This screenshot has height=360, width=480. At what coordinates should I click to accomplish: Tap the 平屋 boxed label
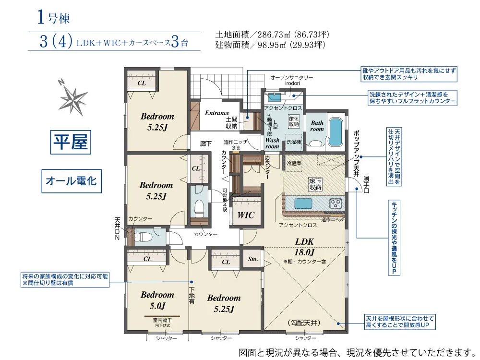pos(71,142)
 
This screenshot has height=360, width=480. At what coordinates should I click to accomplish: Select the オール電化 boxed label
pos(72,181)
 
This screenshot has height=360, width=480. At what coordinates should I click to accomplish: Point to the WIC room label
pos(246,215)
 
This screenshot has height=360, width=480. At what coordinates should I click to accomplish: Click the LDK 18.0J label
pos(304,247)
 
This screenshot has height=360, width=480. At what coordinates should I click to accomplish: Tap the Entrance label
pos(217,113)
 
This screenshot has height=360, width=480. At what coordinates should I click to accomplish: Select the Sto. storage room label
pos(253,259)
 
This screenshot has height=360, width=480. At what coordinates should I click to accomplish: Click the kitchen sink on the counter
pos(303,203)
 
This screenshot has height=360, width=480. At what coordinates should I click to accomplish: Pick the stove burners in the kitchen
pos(336,203)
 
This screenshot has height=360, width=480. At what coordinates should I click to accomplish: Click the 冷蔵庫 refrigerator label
pos(294,164)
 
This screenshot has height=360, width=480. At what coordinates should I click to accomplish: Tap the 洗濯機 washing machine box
pos(294,142)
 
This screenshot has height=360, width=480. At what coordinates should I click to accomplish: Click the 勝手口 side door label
pos(366,185)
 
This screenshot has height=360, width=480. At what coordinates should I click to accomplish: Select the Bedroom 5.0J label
pos(157,300)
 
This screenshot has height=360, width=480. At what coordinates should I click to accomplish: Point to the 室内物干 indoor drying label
pos(162,320)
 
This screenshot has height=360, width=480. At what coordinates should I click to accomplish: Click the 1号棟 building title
pos(54,17)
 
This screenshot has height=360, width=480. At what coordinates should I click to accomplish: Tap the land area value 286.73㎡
pos(271,34)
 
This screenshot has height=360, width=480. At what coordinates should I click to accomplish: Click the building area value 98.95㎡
pos(272,45)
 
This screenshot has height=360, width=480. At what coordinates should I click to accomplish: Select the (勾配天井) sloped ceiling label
pos(304,323)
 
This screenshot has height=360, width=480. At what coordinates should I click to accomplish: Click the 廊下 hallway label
pos(206,143)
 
